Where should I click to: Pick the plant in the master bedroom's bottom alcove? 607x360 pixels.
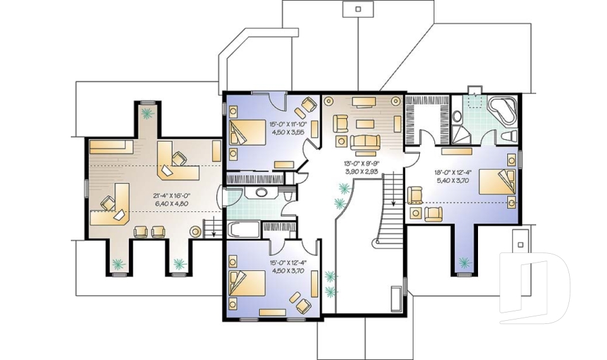click(466, 261)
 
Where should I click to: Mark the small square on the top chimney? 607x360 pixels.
click(359, 9)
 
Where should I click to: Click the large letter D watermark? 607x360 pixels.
click(534, 288)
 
